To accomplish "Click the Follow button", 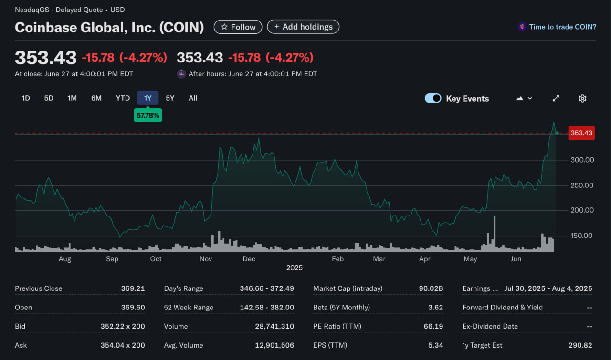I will coord(238,27).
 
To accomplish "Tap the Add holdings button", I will coord(303,27).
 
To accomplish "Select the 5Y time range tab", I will coord(170,98).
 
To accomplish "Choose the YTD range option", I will coord(123,98).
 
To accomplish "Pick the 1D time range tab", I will coord(26,98).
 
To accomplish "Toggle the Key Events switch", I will coord(433,98).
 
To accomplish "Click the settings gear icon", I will coord(582,98).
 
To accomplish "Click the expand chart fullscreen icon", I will coord(556,98).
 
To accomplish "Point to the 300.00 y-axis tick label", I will coord(582,160).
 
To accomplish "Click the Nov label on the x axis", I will coord(206,259).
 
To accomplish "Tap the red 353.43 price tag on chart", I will coord(581,133).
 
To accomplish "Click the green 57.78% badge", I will coord(147,115).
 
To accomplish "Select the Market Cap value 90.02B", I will coord(431,288).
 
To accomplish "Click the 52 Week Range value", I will coord(267,308).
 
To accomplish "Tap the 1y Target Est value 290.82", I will coord(580,345).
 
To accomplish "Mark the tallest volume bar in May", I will coord(495,234).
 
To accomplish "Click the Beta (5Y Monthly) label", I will coord(341,308).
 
